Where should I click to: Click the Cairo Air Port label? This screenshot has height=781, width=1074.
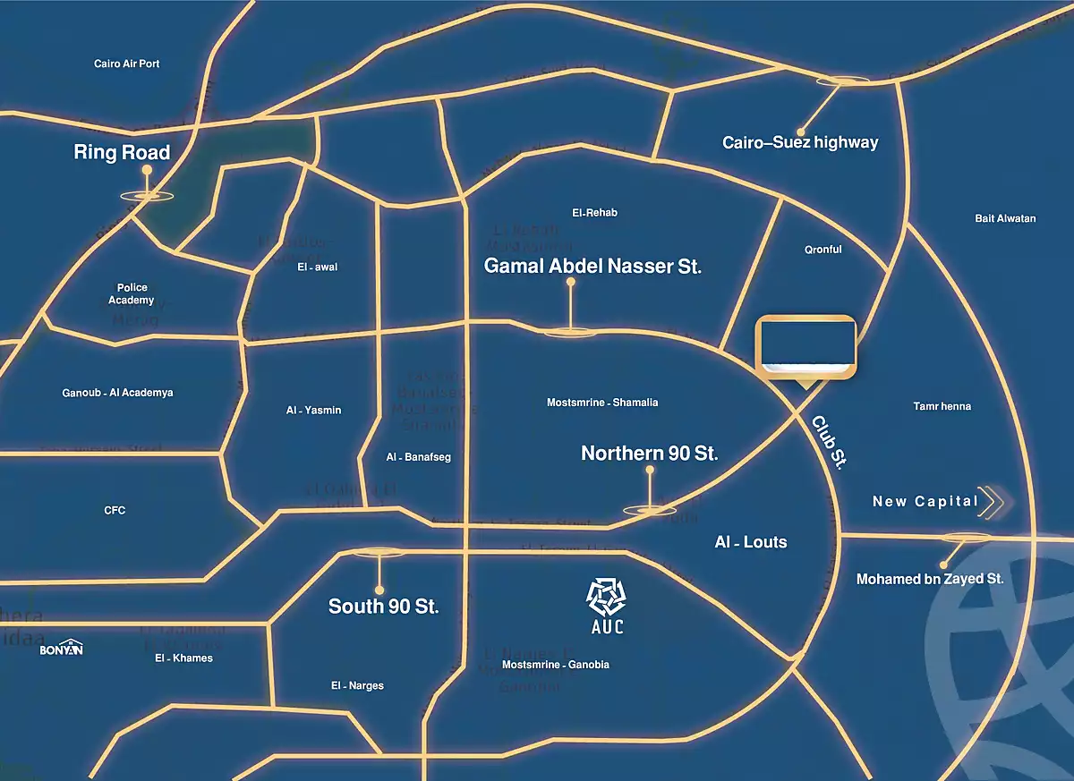(x=127, y=64)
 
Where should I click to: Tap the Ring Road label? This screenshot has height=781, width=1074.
(x=122, y=153)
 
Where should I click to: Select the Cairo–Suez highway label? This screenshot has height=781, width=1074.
(x=801, y=142)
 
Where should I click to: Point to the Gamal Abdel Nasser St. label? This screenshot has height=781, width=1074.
(x=592, y=266)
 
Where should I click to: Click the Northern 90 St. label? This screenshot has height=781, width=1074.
(x=649, y=454)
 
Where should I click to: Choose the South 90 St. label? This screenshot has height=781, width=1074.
(x=383, y=607)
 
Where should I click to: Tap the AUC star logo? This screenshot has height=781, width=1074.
(x=605, y=597)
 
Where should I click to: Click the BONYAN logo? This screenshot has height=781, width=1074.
(x=61, y=649)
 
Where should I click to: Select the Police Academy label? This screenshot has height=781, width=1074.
(x=132, y=294)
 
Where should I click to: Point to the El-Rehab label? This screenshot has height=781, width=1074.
(x=594, y=213)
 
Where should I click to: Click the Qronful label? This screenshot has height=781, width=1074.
(x=823, y=250)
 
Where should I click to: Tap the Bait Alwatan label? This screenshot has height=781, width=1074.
(x=1005, y=218)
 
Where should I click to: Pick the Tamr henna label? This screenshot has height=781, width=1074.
(x=942, y=406)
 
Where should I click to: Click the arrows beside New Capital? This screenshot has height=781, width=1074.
(x=992, y=502)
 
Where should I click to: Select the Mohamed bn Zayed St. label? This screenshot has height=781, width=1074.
(x=930, y=579)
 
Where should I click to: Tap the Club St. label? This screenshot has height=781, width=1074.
(x=829, y=442)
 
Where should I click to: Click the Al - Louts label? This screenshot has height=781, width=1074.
(x=751, y=542)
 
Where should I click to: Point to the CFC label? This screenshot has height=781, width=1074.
(x=115, y=511)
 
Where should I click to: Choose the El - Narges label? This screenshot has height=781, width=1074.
(x=356, y=686)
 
